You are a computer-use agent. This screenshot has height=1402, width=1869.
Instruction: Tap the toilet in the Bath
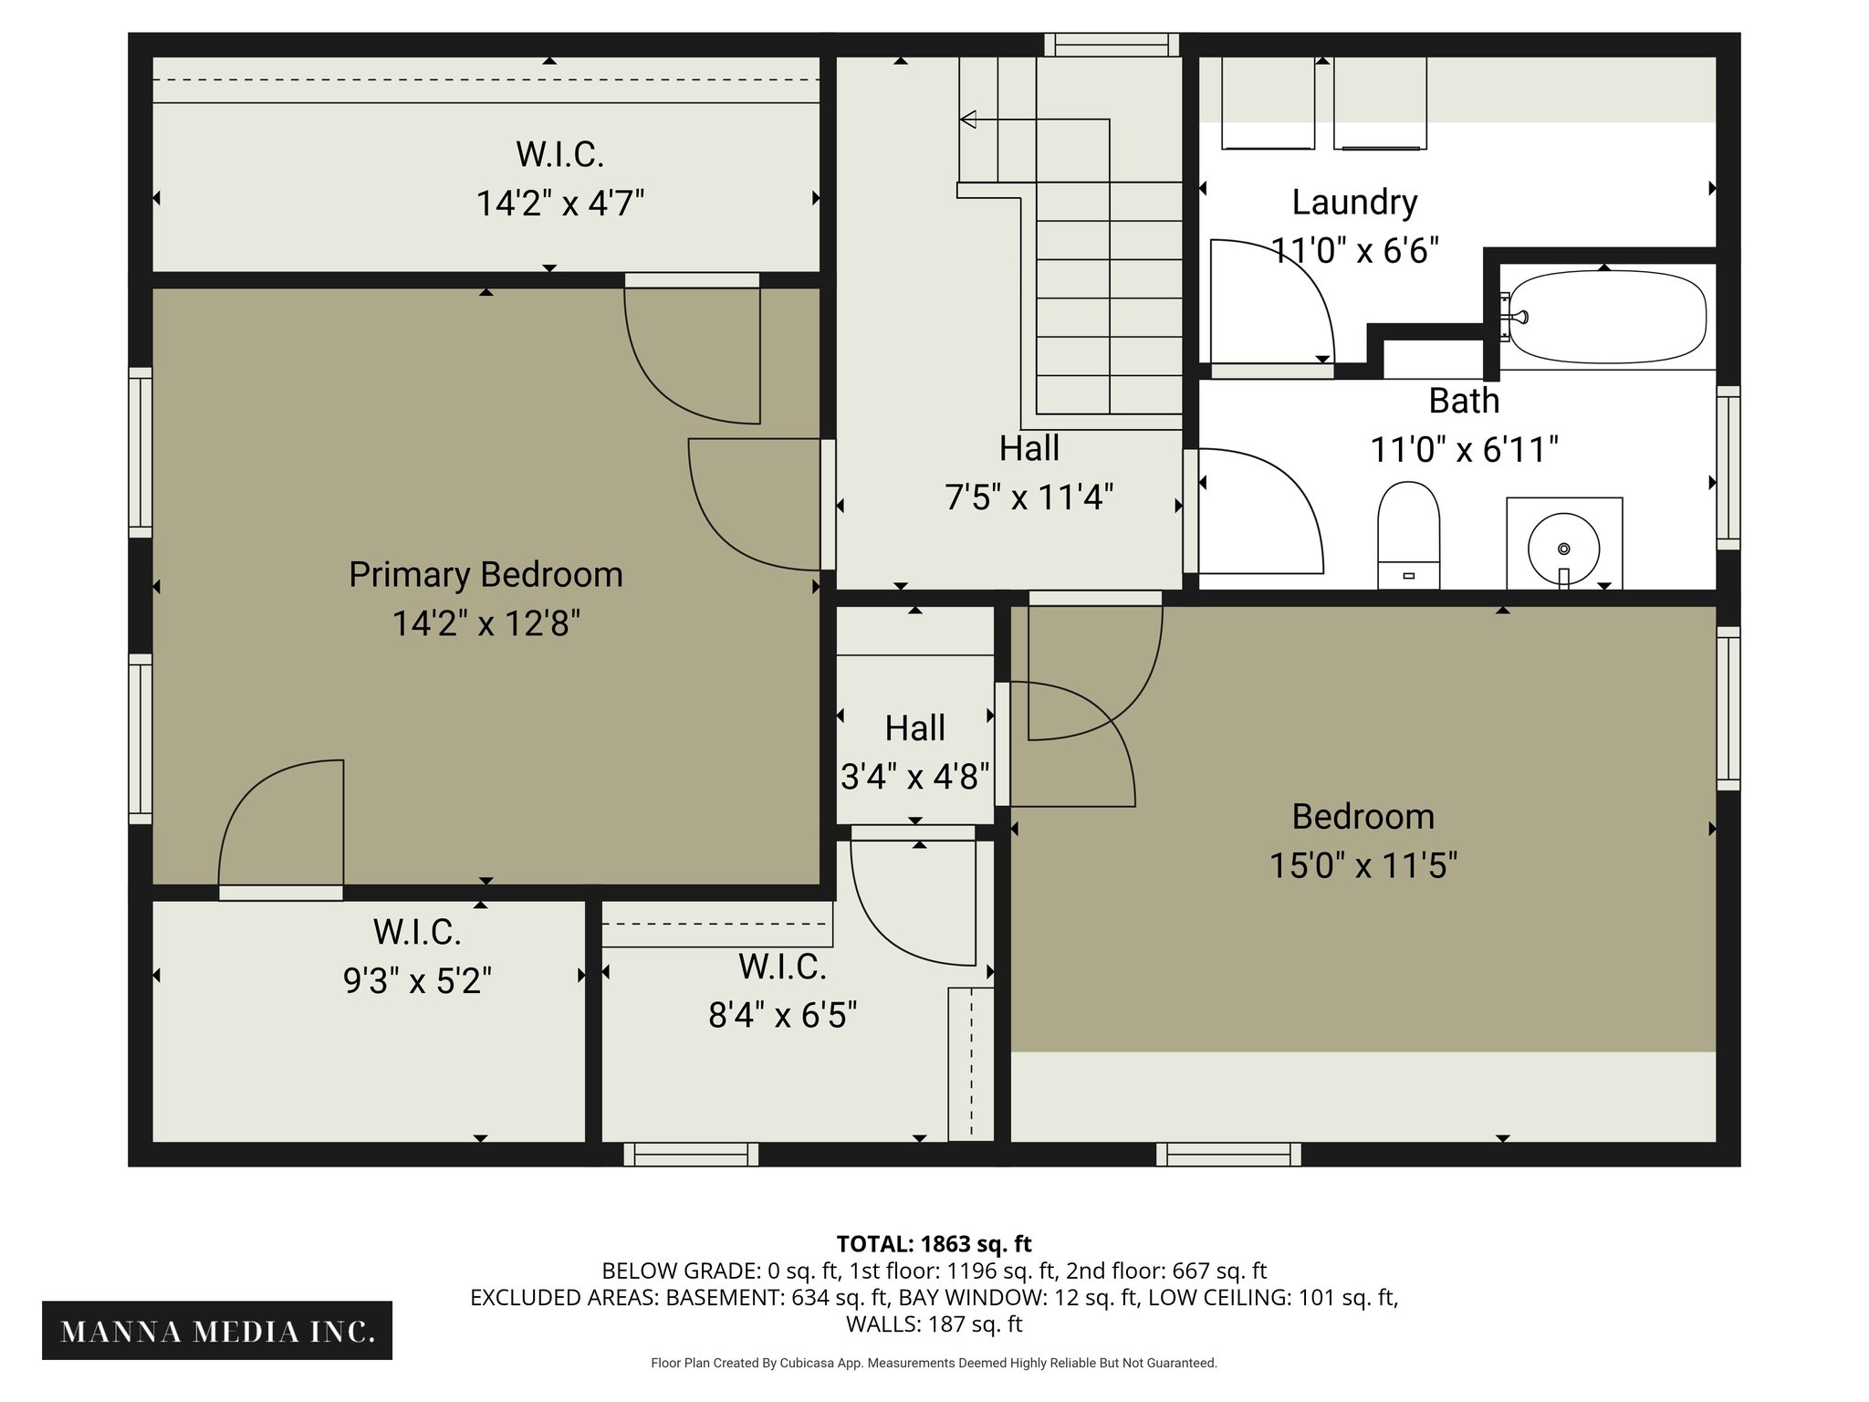click(1408, 534)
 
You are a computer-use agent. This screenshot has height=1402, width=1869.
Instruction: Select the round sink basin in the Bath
click(1563, 549)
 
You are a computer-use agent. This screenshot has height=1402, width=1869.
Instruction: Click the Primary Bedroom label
click(486, 575)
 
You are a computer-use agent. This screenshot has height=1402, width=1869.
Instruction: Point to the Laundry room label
click(1354, 202)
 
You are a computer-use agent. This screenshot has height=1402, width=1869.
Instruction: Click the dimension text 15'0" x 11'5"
click(1363, 865)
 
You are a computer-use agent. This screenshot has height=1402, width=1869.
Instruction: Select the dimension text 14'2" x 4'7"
click(560, 203)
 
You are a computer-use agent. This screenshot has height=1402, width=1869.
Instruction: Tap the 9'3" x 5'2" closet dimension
click(417, 981)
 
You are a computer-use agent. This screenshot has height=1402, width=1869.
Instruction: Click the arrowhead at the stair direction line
click(968, 119)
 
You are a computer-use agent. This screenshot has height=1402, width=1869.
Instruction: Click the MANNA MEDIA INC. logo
click(217, 1331)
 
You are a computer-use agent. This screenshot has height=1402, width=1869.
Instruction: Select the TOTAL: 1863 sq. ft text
click(934, 1244)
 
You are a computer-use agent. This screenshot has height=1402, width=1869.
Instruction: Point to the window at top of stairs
click(1111, 45)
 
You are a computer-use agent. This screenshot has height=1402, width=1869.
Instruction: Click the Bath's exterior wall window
click(1728, 467)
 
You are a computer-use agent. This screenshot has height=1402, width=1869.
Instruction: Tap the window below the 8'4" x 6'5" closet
click(691, 1155)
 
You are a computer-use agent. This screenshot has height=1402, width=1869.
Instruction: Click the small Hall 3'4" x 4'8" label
click(914, 728)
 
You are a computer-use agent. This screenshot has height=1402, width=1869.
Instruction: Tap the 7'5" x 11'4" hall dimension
click(1028, 497)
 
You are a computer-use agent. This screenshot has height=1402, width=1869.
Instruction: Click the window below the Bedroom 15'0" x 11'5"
click(1228, 1155)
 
